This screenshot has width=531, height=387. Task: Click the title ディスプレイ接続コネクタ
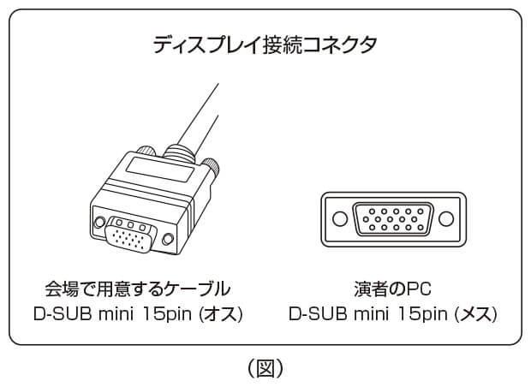pyautogui.click(x=265, y=45)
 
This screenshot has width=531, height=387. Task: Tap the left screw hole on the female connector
pyautogui.click(x=340, y=220)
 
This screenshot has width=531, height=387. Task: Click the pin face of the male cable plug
pyautogui.click(x=128, y=234)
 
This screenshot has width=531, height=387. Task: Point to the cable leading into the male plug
pyautogui.click(x=201, y=111)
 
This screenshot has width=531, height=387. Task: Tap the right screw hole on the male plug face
pyautogui.click(x=169, y=240)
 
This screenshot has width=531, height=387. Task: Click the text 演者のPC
pyautogui.click(x=393, y=288)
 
